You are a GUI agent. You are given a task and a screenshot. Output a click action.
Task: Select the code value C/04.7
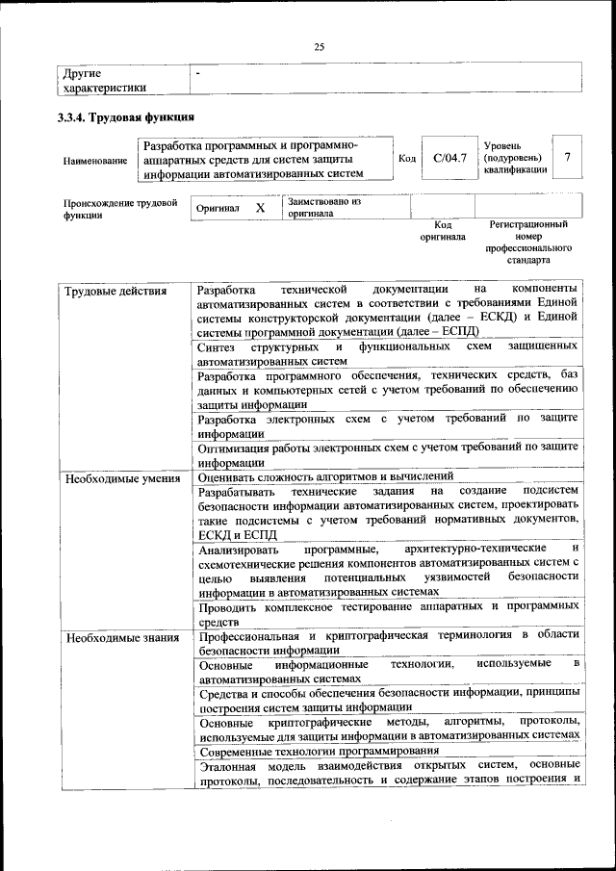coord(449,157)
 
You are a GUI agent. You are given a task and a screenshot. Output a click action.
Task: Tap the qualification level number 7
coord(568,157)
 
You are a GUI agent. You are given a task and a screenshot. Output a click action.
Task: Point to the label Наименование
coord(95,160)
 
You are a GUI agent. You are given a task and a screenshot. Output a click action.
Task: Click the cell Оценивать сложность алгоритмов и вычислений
coord(326,476)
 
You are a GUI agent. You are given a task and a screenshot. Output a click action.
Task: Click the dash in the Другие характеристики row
coord(198,73)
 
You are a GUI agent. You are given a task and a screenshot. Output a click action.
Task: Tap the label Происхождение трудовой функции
coord(120,210)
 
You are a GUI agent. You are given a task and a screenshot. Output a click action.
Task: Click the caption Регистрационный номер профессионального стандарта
coord(528,242)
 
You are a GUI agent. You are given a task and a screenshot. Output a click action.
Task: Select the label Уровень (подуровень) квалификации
coord(515,157)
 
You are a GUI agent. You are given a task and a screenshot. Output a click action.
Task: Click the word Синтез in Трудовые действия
coord(218,346)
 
